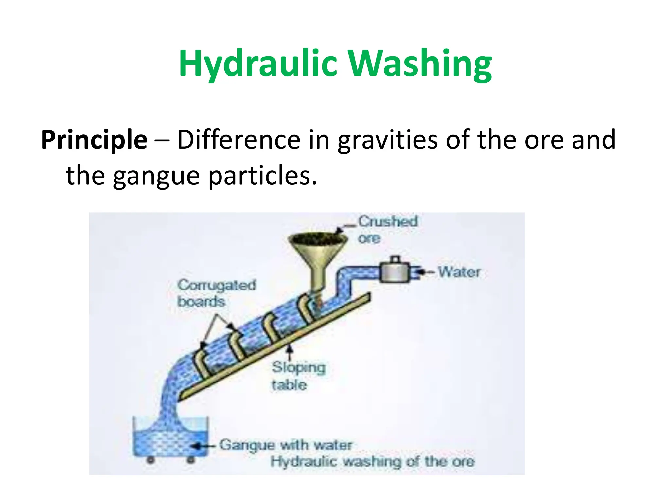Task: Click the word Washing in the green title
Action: [419, 64]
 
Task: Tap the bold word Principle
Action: [94, 140]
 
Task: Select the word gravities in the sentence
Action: [387, 140]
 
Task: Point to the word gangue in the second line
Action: [156, 176]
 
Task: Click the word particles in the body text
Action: [263, 176]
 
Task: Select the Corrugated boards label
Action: [216, 293]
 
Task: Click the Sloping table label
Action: [298, 376]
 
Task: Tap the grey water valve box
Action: [395, 272]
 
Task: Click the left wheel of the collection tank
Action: [150, 460]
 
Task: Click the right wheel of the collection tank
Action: [190, 460]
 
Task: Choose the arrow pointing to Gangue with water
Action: [203, 446]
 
